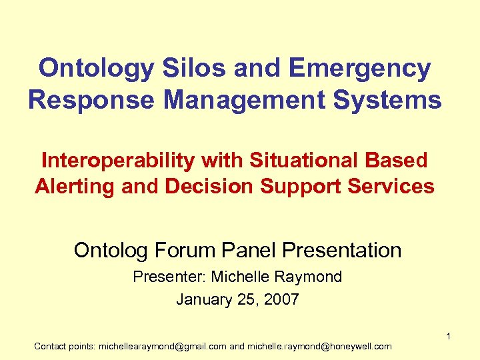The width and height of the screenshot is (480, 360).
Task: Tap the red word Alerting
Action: [x=75, y=187]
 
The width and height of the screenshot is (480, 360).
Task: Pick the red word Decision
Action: [x=207, y=187]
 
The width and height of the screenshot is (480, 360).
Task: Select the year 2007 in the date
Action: [x=281, y=299]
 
